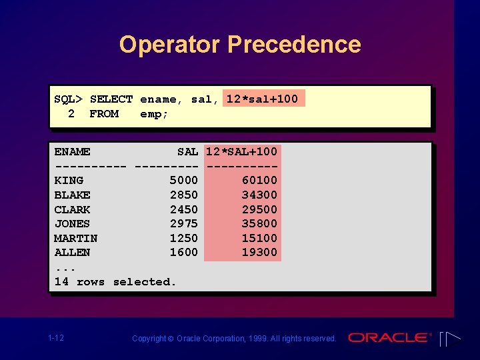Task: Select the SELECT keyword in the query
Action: point(111,99)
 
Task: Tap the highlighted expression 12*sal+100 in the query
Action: point(262,99)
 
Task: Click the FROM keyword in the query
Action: point(104,114)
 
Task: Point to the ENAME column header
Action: point(72,152)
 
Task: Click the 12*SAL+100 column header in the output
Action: point(241,152)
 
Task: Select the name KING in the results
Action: point(69,181)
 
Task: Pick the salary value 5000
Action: point(183,181)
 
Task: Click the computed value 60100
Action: point(259,181)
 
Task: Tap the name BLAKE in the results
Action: point(72,195)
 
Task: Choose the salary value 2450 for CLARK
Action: point(183,209)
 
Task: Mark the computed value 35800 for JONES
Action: point(259,224)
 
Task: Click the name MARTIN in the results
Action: point(75,238)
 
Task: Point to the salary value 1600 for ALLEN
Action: point(183,253)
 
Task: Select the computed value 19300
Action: point(259,253)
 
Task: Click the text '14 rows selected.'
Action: point(115,282)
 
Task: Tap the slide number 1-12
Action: point(56,338)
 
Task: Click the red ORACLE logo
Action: point(390,337)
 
